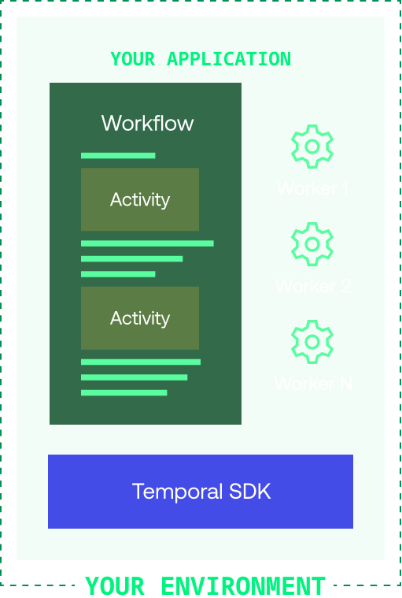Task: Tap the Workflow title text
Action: pyautogui.click(x=147, y=123)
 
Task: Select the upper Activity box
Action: pyautogui.click(x=140, y=199)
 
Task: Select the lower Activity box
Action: pyautogui.click(x=140, y=318)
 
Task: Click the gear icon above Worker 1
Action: pyautogui.click(x=312, y=147)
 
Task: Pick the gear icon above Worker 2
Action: pyautogui.click(x=312, y=243)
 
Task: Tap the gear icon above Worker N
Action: pyautogui.click(x=312, y=341)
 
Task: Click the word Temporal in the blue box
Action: pyautogui.click(x=178, y=492)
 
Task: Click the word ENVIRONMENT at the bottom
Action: pyautogui.click(x=243, y=586)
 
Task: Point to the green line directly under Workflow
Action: pyautogui.click(x=118, y=156)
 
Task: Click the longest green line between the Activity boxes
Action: pyautogui.click(x=147, y=243)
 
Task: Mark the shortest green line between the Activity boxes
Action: pyautogui.click(x=118, y=274)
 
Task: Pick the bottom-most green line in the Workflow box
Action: pyautogui.click(x=124, y=392)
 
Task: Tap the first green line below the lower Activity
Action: pyautogui.click(x=141, y=362)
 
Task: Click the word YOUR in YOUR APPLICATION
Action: pyautogui.click(x=133, y=59)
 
